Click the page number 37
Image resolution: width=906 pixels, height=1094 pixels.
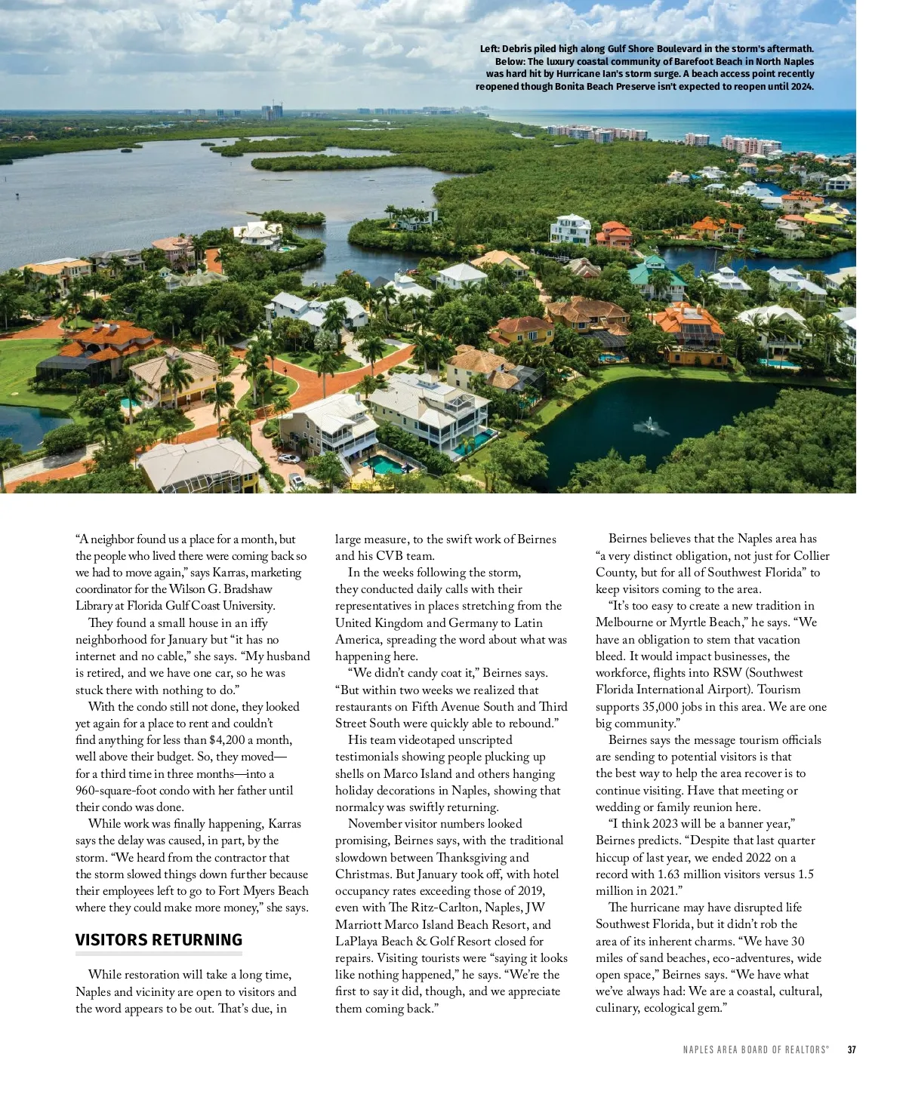click(852, 1049)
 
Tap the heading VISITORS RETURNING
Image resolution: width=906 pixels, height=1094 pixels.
click(159, 940)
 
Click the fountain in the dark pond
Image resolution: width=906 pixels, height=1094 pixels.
click(648, 427)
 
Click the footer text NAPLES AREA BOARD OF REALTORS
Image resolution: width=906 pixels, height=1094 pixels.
click(755, 1049)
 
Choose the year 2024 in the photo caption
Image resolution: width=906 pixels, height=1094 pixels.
click(802, 87)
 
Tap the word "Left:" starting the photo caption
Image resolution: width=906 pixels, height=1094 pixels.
click(489, 49)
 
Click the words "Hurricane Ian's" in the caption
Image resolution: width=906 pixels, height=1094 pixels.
click(590, 74)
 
